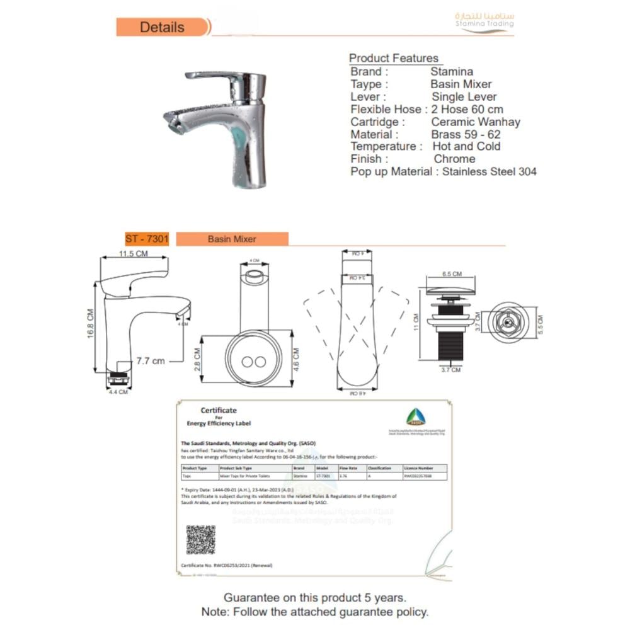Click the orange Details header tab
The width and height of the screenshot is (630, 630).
[163, 27]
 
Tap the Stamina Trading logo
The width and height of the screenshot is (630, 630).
[484, 21]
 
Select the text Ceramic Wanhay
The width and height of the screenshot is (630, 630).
[476, 122]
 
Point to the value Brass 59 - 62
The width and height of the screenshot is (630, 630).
[466, 134]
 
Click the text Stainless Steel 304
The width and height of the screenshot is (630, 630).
[490, 171]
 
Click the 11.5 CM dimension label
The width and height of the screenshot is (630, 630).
[134, 253]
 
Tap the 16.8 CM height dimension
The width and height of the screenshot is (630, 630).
[91, 331]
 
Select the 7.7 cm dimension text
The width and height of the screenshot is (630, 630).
[151, 361]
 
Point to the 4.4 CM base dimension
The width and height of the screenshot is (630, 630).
[118, 392]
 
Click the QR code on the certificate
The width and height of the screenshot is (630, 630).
[200, 539]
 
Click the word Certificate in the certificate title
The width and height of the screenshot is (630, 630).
[219, 410]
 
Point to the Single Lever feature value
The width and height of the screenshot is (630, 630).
[464, 97]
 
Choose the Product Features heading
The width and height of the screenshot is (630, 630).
[394, 59]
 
